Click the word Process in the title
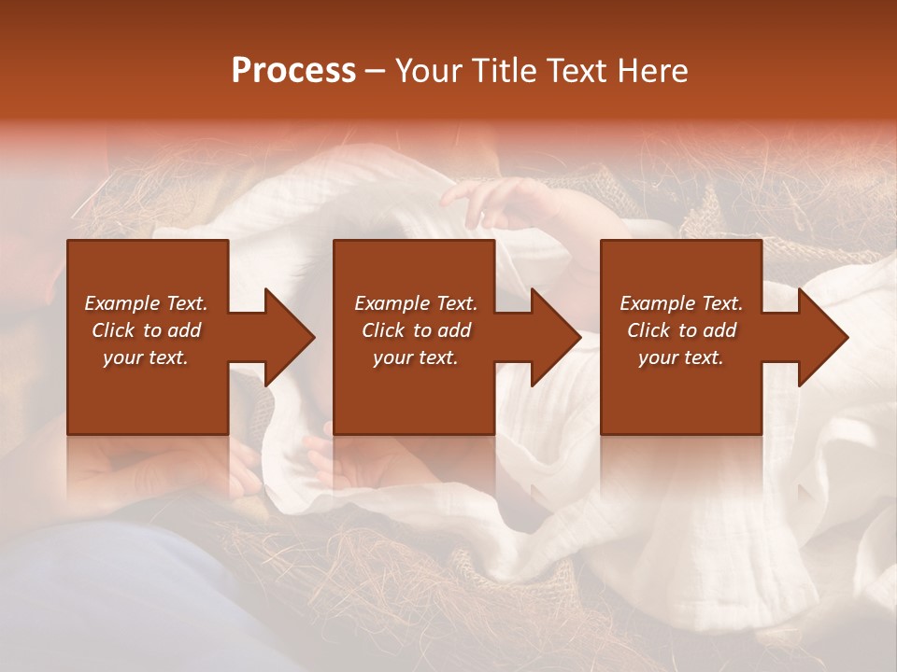293,71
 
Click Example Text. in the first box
147,303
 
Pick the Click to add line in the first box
147,330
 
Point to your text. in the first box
147,357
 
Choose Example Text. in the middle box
416,303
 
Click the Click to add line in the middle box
416,330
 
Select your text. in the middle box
416,357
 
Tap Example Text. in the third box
681,303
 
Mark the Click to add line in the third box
681,330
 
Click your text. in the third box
681,357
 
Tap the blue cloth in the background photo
103,597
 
